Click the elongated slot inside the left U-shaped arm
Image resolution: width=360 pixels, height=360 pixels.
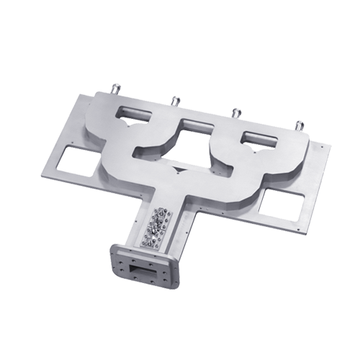[136, 113]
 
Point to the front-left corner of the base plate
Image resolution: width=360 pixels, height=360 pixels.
[41, 176]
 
